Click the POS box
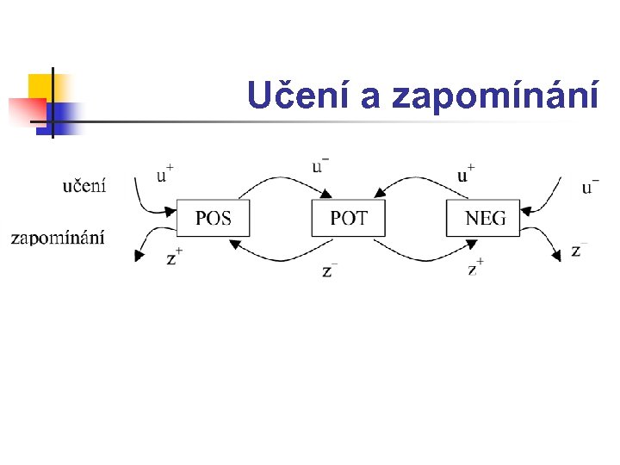(x=214, y=218)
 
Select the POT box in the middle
(x=348, y=218)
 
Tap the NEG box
(x=484, y=218)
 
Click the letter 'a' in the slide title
(x=370, y=98)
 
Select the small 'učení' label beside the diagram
(x=84, y=185)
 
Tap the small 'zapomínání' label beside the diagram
(x=58, y=238)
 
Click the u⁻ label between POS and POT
(x=320, y=164)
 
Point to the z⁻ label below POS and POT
(x=329, y=270)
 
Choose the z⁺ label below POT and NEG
(x=475, y=268)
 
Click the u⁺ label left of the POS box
(x=164, y=173)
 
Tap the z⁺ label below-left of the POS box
(x=174, y=256)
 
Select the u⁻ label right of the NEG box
(x=591, y=184)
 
